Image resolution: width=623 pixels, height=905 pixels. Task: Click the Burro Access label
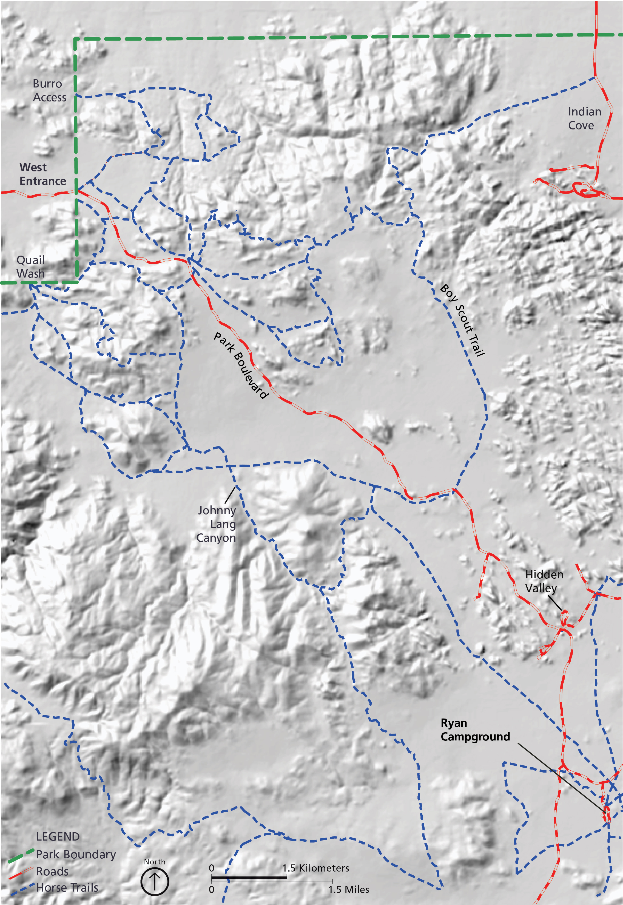coord(49,90)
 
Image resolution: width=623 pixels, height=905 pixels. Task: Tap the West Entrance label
coord(42,174)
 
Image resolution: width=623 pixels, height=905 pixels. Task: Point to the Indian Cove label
coord(584,118)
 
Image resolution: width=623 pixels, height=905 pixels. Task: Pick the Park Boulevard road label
coord(241,365)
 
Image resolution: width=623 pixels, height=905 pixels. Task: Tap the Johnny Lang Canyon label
coord(216,524)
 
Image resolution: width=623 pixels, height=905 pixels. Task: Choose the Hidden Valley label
coord(544,581)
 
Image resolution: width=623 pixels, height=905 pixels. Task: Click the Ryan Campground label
coord(475,730)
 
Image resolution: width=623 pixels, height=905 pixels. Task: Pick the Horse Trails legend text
coord(67,887)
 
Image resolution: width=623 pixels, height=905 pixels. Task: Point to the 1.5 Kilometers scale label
coord(315,868)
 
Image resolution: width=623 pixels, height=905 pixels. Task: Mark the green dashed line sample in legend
coord(20,856)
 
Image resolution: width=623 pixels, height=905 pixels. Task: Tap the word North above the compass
coord(155,862)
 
